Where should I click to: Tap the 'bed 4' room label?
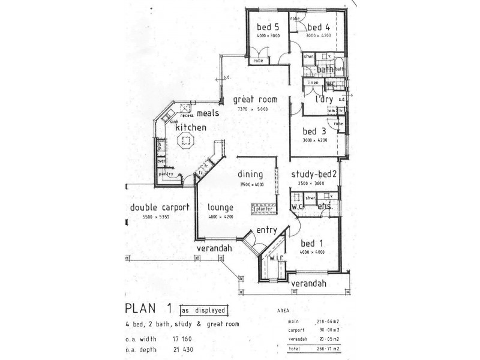pos(318,28)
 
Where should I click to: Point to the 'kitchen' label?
pos(191,128)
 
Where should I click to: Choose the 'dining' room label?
pos(251,175)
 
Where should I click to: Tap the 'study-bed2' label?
pos(314,175)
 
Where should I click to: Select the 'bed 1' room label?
pos(311,243)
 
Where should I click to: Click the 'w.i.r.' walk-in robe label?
pos(277,259)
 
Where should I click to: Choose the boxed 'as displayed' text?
pos(204,310)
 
